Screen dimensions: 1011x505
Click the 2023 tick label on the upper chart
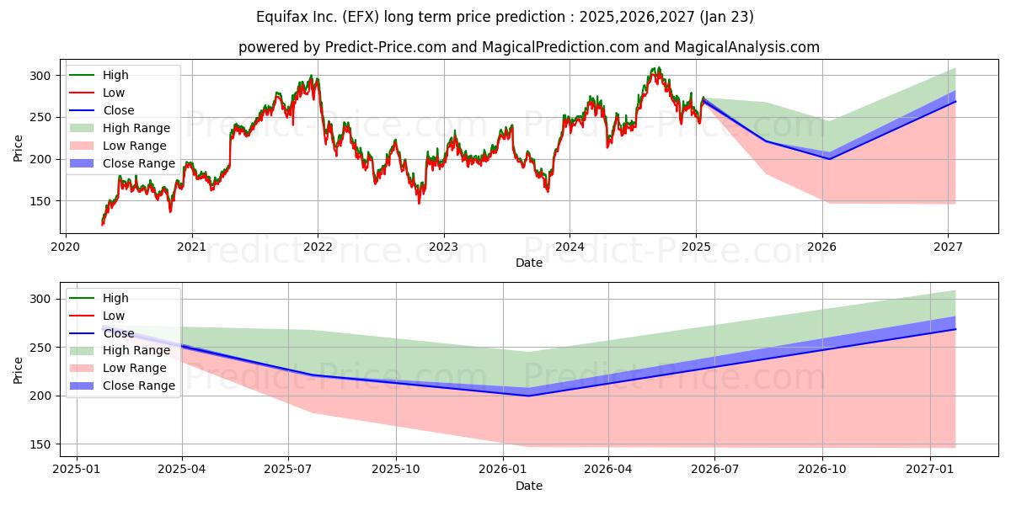tap(444, 247)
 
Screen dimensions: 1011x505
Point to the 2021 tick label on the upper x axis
tap(192, 247)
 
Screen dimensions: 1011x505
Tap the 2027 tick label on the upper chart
tap(948, 247)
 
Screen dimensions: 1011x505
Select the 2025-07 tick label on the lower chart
tap(288, 470)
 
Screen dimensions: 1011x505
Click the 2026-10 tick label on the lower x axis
tap(822, 470)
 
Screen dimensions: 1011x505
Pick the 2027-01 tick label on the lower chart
tap(930, 470)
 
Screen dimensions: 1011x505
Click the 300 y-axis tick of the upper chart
tap(40, 76)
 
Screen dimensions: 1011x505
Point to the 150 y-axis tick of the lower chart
tap(40, 444)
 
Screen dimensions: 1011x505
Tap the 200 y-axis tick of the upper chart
tap(40, 160)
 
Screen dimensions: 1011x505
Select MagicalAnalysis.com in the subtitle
tap(747, 47)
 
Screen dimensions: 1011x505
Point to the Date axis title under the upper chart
tap(529, 263)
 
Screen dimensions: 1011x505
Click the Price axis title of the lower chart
tap(18, 370)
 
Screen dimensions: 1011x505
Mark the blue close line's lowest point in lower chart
tap(528, 396)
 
